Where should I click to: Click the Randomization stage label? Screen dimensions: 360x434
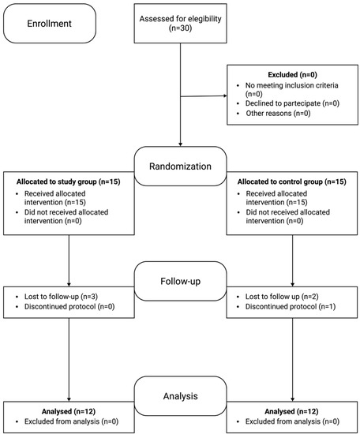coord(180,166)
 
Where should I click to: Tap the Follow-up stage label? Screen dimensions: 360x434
coord(180,281)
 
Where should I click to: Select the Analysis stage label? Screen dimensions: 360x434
coord(180,396)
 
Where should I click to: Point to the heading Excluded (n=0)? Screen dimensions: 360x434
coord(292,75)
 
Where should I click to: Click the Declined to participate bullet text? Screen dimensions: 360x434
coord(292,103)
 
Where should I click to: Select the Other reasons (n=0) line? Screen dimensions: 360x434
coord(278,113)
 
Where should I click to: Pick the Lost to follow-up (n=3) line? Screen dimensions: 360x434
coord(61,297)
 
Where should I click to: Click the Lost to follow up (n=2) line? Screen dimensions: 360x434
coord(282,297)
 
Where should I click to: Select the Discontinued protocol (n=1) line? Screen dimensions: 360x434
coord(291,307)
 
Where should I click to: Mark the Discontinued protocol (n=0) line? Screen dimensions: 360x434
coord(69,307)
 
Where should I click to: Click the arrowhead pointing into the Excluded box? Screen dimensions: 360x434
coord(225,95)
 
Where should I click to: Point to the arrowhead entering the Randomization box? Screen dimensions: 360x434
coord(180,144)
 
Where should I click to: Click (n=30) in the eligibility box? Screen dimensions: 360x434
coord(180,28)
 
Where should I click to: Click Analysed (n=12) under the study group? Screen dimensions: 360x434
coord(69,412)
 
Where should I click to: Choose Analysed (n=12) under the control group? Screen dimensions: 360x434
coord(291,412)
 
